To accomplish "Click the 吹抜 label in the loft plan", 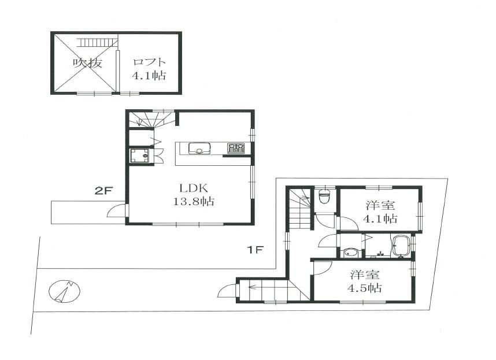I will click(87, 63).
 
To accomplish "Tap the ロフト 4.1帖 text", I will click(149, 68).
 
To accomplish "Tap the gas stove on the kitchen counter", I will click(236, 149).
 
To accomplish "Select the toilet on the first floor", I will click(325, 198).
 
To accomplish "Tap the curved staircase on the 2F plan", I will click(150, 120).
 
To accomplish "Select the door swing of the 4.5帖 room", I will click(321, 266).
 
